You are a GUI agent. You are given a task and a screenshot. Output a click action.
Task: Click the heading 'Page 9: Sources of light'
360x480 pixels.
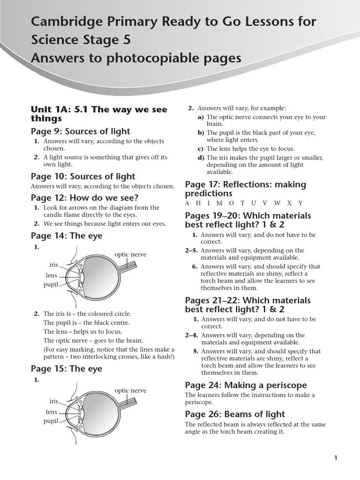click(x=80, y=131)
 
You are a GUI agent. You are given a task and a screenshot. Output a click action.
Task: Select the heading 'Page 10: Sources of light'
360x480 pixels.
click(x=83, y=176)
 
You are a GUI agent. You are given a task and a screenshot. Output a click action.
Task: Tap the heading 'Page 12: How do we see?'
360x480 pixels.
click(x=84, y=198)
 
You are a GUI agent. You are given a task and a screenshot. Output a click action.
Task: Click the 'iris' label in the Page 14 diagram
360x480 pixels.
click(x=53, y=265)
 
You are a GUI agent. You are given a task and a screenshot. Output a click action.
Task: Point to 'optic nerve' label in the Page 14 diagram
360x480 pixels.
click(x=130, y=255)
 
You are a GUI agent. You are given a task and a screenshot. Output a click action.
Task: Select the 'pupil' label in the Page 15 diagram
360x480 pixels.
click(x=51, y=421)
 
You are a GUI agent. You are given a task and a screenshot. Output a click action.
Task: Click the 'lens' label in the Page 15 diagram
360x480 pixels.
click(x=51, y=412)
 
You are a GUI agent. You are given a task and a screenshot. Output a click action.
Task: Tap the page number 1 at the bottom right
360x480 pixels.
click(x=336, y=458)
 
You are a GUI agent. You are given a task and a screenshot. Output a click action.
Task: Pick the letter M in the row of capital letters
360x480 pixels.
click(x=219, y=203)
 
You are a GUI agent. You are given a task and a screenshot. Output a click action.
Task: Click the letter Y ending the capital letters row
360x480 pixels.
click(x=300, y=203)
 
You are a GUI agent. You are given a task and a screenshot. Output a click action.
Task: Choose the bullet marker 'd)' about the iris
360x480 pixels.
click(x=201, y=158)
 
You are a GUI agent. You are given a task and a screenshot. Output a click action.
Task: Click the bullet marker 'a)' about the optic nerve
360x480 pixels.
click(x=201, y=117)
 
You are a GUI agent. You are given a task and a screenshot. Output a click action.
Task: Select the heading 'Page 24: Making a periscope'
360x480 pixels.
click(x=246, y=385)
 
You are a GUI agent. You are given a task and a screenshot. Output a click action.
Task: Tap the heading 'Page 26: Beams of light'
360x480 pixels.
click(x=235, y=414)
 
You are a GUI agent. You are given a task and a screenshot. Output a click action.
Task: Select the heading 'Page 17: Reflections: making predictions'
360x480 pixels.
click(x=245, y=189)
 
